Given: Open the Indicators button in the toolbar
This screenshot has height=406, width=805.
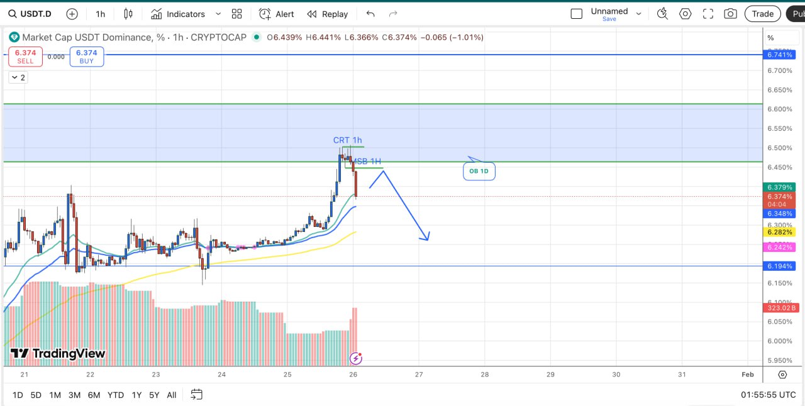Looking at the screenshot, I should [179, 14].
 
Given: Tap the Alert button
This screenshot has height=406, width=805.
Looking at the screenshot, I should [277, 14].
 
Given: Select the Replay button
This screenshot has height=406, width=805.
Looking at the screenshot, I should [327, 14].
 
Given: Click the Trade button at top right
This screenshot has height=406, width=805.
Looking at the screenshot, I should [762, 14].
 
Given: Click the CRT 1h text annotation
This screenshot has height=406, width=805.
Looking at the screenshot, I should [347, 140].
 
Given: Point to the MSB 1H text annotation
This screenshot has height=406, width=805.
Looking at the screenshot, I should [367, 162].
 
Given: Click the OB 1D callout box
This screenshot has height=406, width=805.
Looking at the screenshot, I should [479, 171].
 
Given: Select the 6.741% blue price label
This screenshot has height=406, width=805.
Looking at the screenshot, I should [780, 55].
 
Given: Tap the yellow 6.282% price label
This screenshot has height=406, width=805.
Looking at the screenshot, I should [780, 232].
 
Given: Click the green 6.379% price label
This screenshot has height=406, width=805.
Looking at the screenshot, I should [780, 187].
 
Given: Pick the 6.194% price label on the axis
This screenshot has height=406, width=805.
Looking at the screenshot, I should [780, 266].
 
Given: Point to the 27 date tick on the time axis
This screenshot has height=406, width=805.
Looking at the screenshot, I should [419, 375].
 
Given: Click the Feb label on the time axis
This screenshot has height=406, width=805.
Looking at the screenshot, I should [747, 375].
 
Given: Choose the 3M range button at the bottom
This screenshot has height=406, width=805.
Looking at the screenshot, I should [74, 395].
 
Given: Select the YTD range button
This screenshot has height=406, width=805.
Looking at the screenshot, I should [116, 395].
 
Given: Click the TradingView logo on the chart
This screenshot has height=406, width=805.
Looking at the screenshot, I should [58, 354].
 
